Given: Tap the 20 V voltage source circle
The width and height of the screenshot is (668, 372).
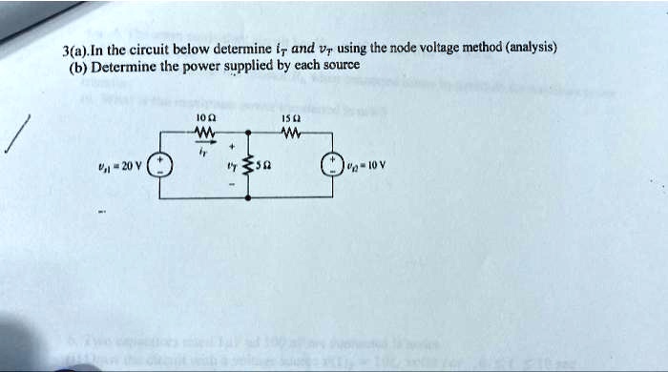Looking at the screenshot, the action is tap(159, 167).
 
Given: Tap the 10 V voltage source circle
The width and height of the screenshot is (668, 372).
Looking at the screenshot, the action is tap(333, 167).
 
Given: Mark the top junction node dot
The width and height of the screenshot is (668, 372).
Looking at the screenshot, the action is tap(248, 133).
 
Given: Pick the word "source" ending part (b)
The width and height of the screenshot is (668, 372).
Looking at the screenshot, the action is tap(341, 67).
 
